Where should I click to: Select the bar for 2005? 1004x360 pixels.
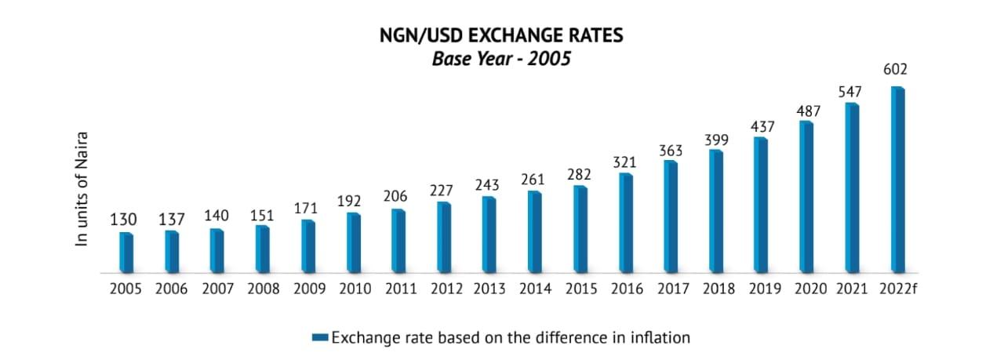click(x=126, y=253)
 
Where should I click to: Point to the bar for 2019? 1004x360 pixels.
click(x=760, y=205)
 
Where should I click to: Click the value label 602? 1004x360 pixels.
click(x=896, y=71)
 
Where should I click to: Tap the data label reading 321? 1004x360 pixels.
click(x=624, y=162)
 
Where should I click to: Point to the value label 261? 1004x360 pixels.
click(x=534, y=180)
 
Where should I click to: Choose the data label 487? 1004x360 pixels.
click(x=807, y=112)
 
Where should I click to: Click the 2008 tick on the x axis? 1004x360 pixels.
click(x=263, y=289)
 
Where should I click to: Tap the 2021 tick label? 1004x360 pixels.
click(x=852, y=289)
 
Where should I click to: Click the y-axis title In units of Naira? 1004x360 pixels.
click(x=82, y=191)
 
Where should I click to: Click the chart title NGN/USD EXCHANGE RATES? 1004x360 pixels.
click(x=501, y=36)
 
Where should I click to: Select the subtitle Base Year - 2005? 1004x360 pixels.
click(x=501, y=60)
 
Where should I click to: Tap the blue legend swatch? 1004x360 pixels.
click(x=320, y=338)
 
